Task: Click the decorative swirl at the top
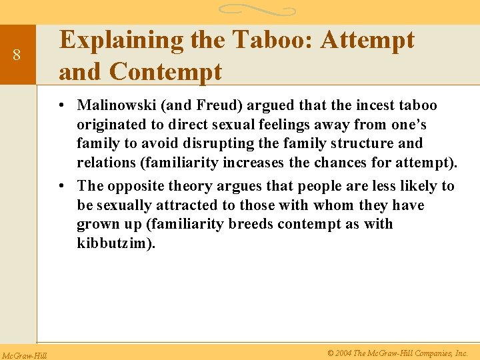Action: tap(257, 10)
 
